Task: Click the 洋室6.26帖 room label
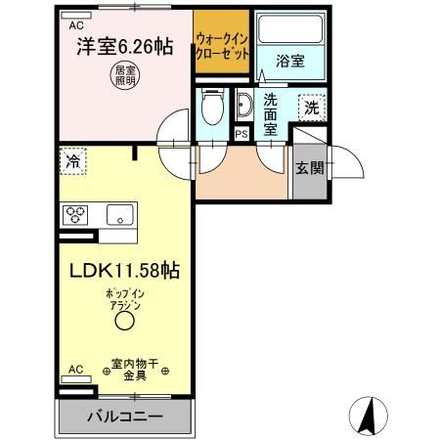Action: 118,44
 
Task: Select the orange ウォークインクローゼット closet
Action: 221,45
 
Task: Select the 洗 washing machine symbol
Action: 312,106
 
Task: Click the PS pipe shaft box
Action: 242,132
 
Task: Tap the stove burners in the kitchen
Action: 77,214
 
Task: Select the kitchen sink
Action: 119,215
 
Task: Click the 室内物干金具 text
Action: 137,367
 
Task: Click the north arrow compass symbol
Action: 372,416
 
